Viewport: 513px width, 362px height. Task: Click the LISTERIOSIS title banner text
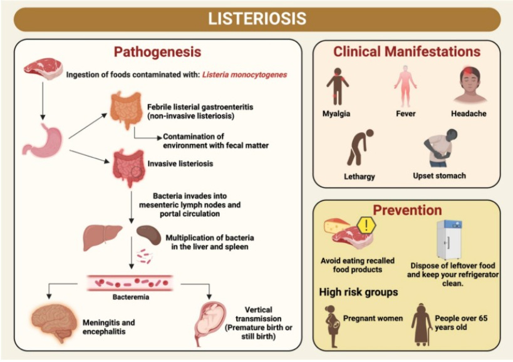(x=257, y=19)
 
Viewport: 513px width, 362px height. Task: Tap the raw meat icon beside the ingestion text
(x=43, y=68)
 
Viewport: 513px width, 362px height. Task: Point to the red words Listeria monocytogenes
(x=244, y=74)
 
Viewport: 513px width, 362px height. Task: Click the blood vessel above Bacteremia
(x=130, y=283)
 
